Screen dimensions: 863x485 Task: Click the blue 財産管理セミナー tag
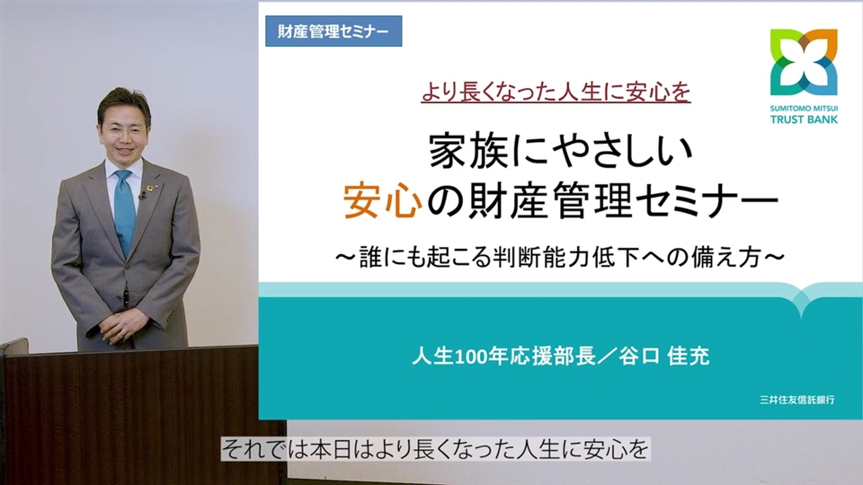[x=334, y=31]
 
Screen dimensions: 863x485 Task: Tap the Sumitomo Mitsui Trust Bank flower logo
[x=804, y=63]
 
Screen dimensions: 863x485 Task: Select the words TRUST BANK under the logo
[x=804, y=119]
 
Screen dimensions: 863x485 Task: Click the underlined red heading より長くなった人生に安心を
[x=556, y=92]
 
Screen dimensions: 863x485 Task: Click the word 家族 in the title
[x=469, y=151]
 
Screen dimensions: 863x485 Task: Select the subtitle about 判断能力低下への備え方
[x=560, y=257]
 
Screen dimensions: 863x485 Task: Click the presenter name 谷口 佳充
[x=663, y=357]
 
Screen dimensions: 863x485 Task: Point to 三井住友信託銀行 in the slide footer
[x=797, y=400]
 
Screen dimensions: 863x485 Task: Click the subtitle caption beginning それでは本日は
[x=435, y=450]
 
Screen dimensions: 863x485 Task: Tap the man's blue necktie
[x=125, y=212]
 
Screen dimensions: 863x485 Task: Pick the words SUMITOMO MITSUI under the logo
[x=804, y=109]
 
